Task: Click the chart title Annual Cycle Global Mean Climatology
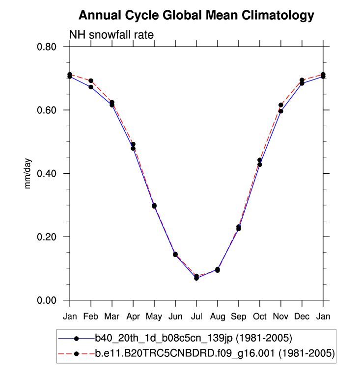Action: (196, 16)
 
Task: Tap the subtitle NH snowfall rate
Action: (111, 35)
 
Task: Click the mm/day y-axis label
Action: (28, 173)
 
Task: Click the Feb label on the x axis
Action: (91, 316)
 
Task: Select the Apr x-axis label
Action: (133, 316)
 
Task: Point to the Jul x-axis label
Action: (196, 316)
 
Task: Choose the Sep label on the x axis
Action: (239, 316)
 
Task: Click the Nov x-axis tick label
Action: (281, 316)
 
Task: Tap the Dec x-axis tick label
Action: (302, 316)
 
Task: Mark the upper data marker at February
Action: (91, 80)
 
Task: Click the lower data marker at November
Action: (281, 111)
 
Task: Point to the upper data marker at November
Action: (281, 105)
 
